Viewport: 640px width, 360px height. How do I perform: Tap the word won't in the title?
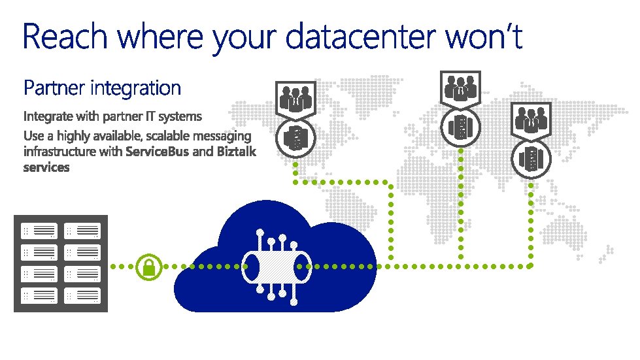point(484,37)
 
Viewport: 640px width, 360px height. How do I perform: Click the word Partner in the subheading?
point(54,88)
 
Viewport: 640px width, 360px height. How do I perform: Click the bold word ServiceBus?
point(158,152)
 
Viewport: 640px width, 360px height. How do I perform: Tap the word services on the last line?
point(46,167)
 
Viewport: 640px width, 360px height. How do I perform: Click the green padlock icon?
point(149,267)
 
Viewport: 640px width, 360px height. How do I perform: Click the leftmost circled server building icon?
point(295,138)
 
